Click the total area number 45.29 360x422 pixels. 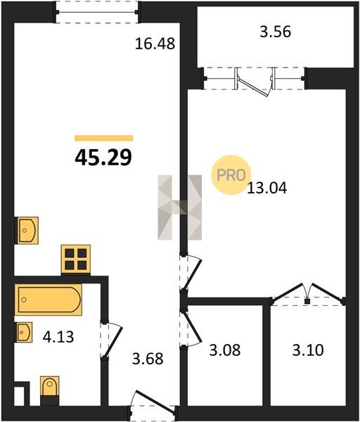point(103,158)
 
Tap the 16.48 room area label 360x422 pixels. point(155,44)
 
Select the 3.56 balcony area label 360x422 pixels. point(275,32)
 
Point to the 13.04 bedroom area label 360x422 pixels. point(267,188)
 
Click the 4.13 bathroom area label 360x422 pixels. point(58,337)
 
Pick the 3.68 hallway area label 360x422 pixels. point(148,359)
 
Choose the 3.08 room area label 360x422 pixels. point(225,350)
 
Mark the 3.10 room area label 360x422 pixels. point(308,350)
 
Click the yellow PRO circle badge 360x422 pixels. point(231,175)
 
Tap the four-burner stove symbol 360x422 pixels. point(76,260)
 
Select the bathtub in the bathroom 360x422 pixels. point(48,300)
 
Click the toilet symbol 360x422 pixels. point(49,390)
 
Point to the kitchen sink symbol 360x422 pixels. point(27,231)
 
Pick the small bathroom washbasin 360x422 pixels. point(24,332)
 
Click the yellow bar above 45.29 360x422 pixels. point(104,138)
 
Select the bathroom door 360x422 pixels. point(111,340)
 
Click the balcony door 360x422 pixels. point(255,82)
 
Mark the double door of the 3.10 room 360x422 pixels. point(309,294)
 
